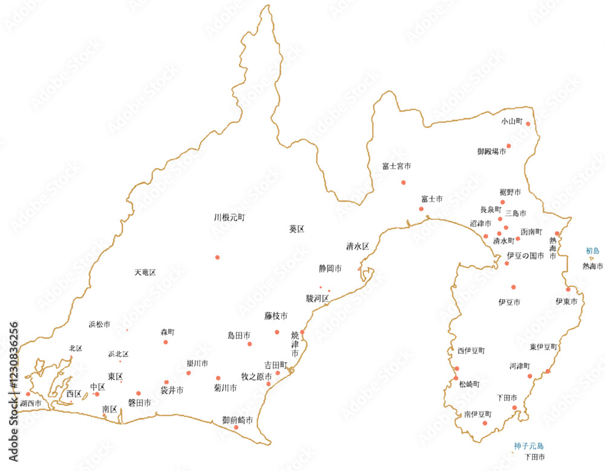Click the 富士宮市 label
pos(397,166)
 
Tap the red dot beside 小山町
pos(528,124)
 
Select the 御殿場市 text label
pos(492,151)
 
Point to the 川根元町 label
pos(229,217)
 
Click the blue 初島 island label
pos(592,251)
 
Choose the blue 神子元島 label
pos(529,446)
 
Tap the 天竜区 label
pos(145,273)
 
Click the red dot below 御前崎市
pos(236,427)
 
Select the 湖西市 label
pos(31,403)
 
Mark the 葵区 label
pos(296,229)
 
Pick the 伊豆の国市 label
pos(525,256)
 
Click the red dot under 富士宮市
pos(404,182)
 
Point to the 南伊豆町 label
pos(478,415)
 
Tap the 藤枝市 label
pos(275,316)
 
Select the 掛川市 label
pos(197,364)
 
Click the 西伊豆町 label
pos(471,351)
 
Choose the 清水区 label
pos(358,246)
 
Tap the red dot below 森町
pos(166,342)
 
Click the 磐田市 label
pos(139,403)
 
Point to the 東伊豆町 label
pos(543,347)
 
